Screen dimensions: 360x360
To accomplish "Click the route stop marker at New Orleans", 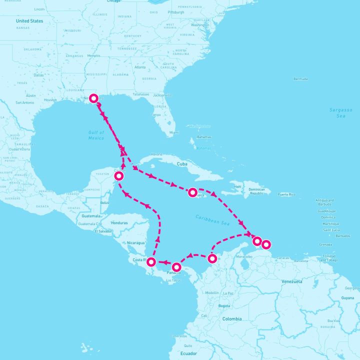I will pyautogui.click(x=93, y=98).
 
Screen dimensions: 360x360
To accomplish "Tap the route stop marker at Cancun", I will pyautogui.click(x=119, y=175).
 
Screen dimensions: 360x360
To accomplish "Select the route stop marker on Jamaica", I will pyautogui.click(x=193, y=191).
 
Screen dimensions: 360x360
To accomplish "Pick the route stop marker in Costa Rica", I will pyautogui.click(x=151, y=261).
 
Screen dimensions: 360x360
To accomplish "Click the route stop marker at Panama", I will pyautogui.click(x=176, y=267).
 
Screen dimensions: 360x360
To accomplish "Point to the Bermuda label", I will pyautogui.click(x=300, y=79).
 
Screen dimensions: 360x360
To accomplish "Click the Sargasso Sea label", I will pyautogui.click(x=340, y=112).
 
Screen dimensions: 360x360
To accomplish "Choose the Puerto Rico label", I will pyautogui.click(x=287, y=194).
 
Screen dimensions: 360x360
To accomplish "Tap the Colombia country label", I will pyautogui.click(x=231, y=318).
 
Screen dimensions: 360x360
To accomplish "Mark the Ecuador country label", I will pyautogui.click(x=189, y=353).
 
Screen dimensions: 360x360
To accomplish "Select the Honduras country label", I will pyautogui.click(x=119, y=222).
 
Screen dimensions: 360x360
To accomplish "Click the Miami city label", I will pyautogui.click(x=173, y=132).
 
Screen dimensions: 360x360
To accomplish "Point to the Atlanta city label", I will pyautogui.click(x=140, y=67).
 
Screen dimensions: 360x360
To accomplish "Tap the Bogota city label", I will pyautogui.click(x=224, y=305).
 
